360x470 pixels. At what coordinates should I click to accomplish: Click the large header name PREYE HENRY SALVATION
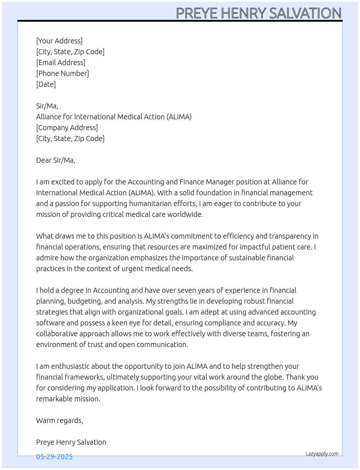point(258,13)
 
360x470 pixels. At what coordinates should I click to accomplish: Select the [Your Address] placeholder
point(59,41)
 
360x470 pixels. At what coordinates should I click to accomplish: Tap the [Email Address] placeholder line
point(61,63)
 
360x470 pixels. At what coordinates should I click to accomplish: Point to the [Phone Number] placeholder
point(63,73)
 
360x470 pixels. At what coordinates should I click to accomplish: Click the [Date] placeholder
point(46,84)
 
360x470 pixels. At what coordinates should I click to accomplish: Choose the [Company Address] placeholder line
point(67,128)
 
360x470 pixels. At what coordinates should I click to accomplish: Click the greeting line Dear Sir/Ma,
point(56,160)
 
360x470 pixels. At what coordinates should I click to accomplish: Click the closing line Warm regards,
point(60,420)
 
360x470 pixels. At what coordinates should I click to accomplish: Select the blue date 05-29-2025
point(54,457)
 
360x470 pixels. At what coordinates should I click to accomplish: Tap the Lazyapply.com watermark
point(322,454)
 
